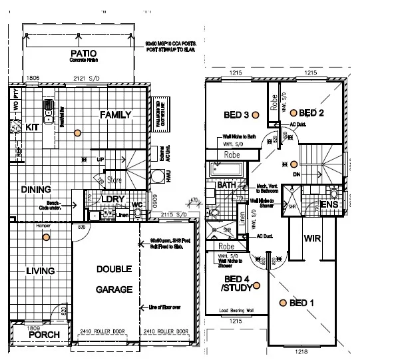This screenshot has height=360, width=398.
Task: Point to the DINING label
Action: pos(36,190)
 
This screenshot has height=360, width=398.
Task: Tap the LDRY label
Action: pos(110,199)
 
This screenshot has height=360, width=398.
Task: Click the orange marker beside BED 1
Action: pos(283,303)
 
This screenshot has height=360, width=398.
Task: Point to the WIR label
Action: pos(313,238)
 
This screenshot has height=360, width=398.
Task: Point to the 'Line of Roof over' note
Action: pos(165,307)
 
